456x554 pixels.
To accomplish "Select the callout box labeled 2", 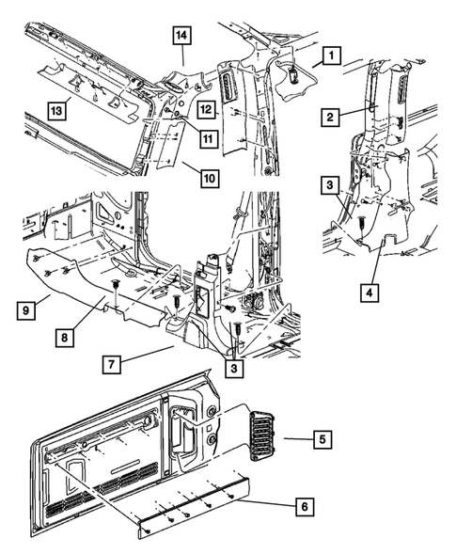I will point(330,118).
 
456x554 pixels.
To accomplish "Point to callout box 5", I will point(322,438).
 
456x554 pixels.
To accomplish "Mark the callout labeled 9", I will point(28,308).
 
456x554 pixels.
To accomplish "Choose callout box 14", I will point(182,39).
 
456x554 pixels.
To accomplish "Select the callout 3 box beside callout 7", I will point(233,370).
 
